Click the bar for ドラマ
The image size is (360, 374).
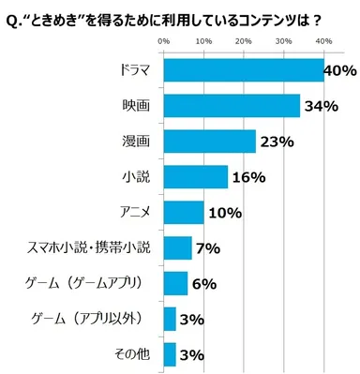(x=243, y=70)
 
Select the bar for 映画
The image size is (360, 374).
(x=232, y=106)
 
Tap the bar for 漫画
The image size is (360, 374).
(x=209, y=142)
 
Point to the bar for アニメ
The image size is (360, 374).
(x=183, y=212)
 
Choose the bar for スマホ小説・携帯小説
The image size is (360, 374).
(x=177, y=247)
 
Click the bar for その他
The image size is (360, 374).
(x=170, y=353)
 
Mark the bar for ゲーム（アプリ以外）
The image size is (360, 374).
(x=170, y=319)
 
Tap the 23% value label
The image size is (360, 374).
(x=277, y=142)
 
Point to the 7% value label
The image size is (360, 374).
(x=207, y=248)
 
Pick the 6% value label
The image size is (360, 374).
(x=203, y=284)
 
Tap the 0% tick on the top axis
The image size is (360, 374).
(x=163, y=41)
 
